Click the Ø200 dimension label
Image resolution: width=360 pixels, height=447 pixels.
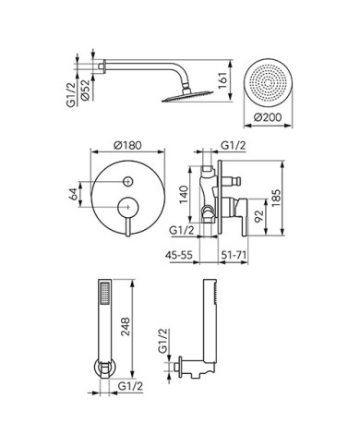coord(268,117)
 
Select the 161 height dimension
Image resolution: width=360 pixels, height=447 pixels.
coord(222,80)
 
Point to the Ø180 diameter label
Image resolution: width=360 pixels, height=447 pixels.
coord(127,145)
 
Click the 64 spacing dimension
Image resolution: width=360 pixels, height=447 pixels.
coord(73,194)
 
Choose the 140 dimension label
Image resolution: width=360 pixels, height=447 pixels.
coord(184,194)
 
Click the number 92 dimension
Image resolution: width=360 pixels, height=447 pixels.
coord(259,216)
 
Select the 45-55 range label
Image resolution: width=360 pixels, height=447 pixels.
coord(179,255)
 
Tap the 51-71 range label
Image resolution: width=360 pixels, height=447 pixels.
coord(234,255)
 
